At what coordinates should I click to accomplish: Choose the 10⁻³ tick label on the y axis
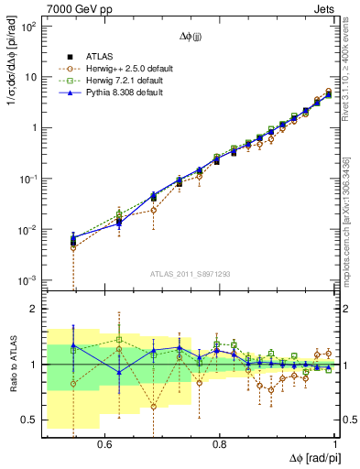pos(30,278)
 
